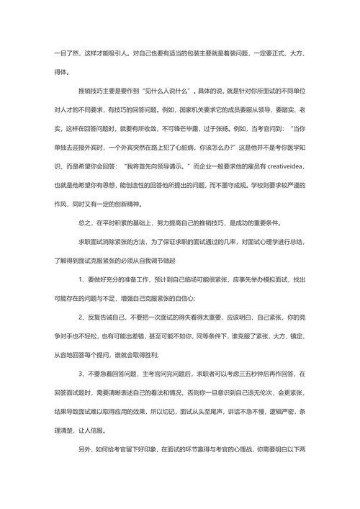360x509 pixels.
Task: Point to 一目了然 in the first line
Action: click(x=64, y=55)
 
